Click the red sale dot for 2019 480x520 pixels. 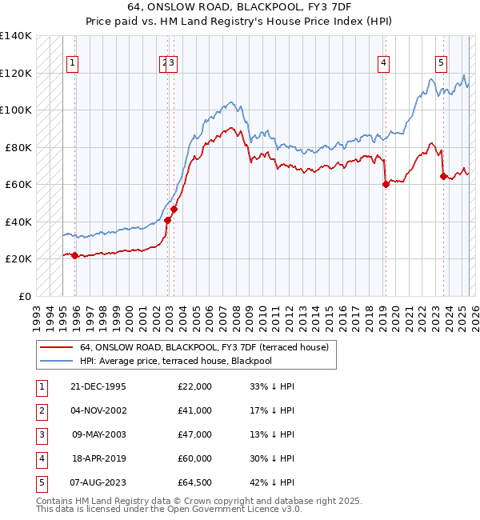[386, 184]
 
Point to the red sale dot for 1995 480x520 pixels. [74, 255]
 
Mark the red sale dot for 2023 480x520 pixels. [443, 177]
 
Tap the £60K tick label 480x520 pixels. [18, 184]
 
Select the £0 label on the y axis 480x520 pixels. [26, 296]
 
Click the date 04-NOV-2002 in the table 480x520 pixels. [99, 410]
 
